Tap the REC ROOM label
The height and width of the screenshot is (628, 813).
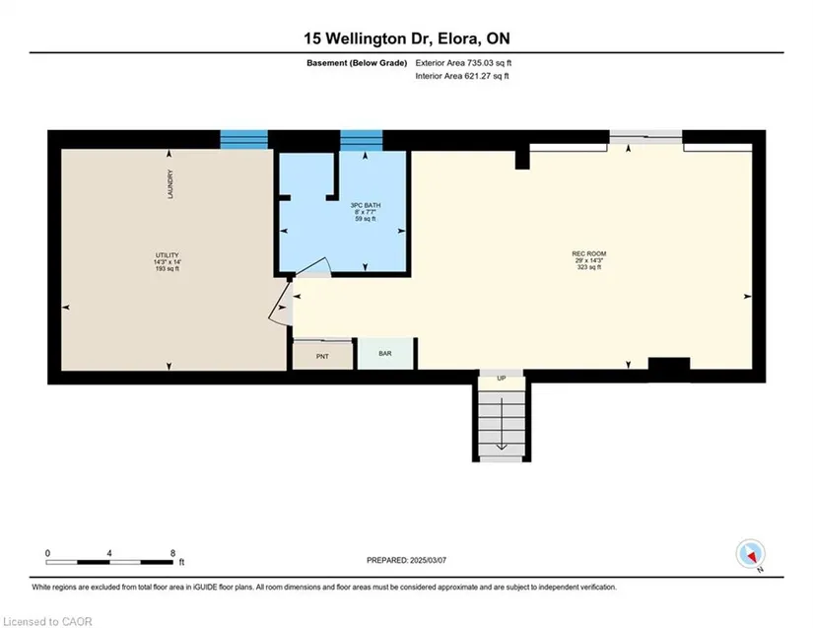click(589, 253)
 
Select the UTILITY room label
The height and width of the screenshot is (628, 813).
click(167, 255)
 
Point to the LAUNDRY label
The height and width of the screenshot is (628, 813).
click(170, 184)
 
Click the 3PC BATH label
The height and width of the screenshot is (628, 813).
click(365, 205)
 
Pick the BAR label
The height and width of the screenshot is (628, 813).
click(384, 354)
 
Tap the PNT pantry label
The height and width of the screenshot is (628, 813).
click(322, 357)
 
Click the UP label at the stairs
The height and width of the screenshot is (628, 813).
click(502, 379)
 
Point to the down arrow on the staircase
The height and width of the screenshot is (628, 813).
click(502, 424)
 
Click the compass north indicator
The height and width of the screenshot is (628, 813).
click(750, 554)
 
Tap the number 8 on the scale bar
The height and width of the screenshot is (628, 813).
click(172, 553)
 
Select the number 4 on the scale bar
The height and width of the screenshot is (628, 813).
click(108, 553)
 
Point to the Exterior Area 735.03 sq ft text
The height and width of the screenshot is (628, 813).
click(463, 63)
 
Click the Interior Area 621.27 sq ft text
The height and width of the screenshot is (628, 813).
click(462, 76)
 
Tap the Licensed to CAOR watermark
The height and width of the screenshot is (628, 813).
click(47, 621)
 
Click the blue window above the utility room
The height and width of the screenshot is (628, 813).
click(243, 139)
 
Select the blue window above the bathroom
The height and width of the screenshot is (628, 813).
click(362, 140)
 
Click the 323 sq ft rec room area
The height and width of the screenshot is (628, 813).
click(589, 267)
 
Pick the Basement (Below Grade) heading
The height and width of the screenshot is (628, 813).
click(357, 63)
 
